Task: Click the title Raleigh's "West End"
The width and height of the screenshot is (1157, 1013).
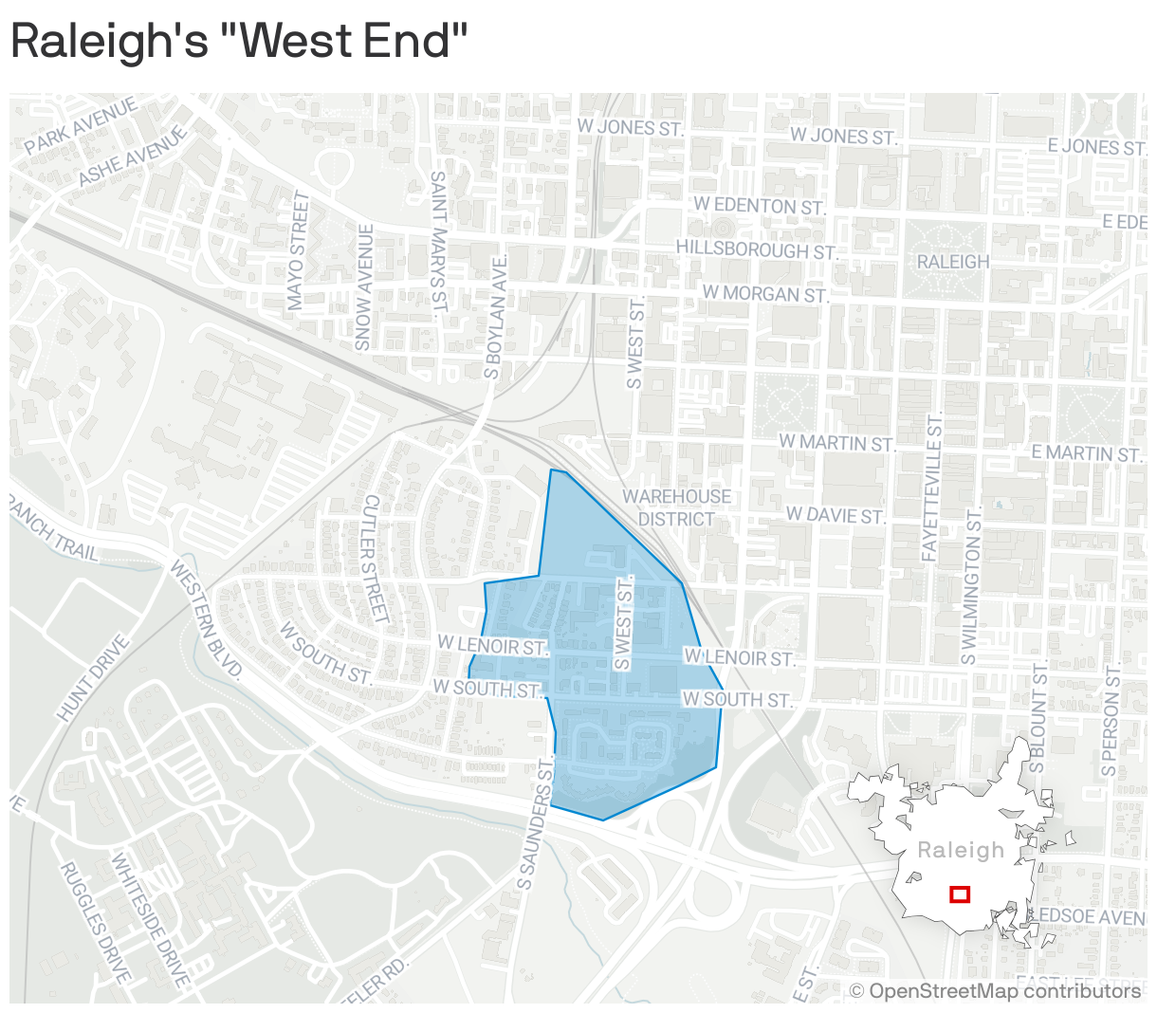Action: [239, 42]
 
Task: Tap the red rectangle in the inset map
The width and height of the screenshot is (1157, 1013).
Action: [960, 893]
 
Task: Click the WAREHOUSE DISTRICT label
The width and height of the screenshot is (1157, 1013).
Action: [676, 507]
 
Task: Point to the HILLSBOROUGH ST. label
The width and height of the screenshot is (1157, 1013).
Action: [757, 249]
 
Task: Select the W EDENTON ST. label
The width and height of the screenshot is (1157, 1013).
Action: [759, 206]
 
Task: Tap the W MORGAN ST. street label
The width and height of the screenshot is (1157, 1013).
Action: [764, 294]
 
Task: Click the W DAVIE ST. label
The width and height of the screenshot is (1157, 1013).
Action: [835, 516]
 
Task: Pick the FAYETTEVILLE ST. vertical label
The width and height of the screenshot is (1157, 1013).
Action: [931, 487]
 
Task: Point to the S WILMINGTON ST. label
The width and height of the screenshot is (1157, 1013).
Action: [970, 585]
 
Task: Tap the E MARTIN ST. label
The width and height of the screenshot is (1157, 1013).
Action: [1086, 453]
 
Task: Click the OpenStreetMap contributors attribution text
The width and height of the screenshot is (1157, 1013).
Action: [995, 991]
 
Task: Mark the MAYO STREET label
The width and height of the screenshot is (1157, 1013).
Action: [298, 250]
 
